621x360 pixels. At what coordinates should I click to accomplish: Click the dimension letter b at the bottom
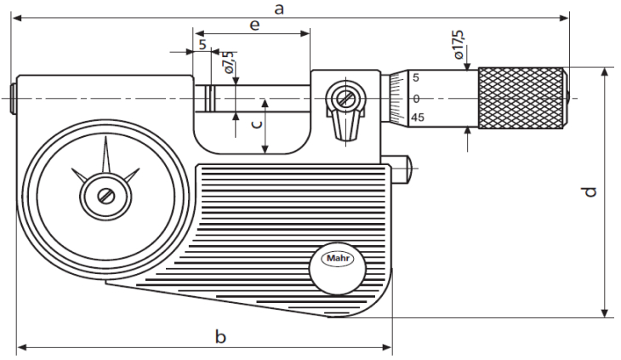[x=219, y=337]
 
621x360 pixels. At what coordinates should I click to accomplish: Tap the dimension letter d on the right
[x=590, y=192]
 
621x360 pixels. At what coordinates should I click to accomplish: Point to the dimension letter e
[x=254, y=25]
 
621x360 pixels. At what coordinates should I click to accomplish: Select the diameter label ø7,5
[x=229, y=63]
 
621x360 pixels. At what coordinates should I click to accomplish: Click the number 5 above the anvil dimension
[x=202, y=43]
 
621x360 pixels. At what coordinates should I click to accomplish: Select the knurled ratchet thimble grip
[x=521, y=98]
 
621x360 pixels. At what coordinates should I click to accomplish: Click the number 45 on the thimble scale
[x=417, y=117]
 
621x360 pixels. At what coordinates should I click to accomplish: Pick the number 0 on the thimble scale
[x=417, y=98]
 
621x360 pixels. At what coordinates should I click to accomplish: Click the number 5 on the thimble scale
[x=416, y=78]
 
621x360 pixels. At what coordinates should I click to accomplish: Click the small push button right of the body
[x=405, y=167]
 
